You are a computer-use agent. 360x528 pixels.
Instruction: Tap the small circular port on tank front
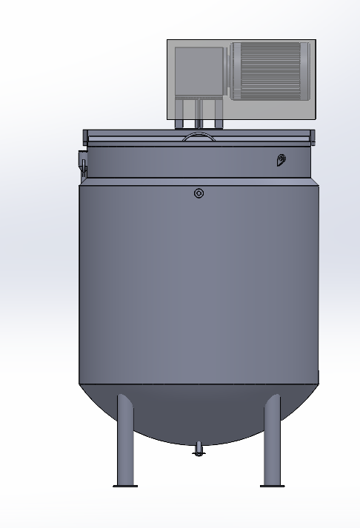click(x=199, y=193)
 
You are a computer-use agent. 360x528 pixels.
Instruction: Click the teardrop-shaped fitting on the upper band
click(x=281, y=160)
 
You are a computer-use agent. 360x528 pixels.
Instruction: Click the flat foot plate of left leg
click(x=125, y=486)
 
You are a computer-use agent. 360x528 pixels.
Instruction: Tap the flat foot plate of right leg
click(x=272, y=486)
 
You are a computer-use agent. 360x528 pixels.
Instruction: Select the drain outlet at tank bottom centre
click(x=198, y=448)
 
